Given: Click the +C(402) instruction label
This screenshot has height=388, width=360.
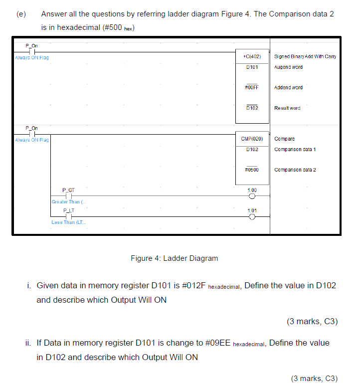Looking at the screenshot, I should pyautogui.click(x=252, y=56).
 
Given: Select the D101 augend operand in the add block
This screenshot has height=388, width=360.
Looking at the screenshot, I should pyautogui.click(x=252, y=67).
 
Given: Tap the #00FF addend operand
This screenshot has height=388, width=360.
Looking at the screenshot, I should pyautogui.click(x=252, y=87).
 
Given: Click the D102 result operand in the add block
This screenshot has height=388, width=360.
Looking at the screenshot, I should pyautogui.click(x=252, y=108).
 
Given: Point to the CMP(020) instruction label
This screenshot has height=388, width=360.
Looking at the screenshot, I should pyautogui.click(x=252, y=139).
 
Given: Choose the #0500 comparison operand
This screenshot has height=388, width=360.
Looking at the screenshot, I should pyautogui.click(x=252, y=170).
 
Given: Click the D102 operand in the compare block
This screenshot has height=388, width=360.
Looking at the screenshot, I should pyautogui.click(x=252, y=149).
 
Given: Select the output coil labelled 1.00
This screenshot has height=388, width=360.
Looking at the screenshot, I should pyautogui.click(x=252, y=196).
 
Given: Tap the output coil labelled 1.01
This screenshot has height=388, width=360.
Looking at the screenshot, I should pyautogui.click(x=252, y=217).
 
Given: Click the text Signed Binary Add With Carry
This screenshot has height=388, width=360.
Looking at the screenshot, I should pyautogui.click(x=305, y=56).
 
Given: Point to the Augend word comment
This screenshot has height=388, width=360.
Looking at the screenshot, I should pyautogui.click(x=288, y=67).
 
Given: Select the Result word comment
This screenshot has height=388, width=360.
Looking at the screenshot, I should pyautogui.click(x=287, y=108).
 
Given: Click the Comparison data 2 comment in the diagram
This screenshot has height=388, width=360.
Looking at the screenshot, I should pyautogui.click(x=295, y=170).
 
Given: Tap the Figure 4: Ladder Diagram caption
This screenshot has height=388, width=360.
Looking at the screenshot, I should pyautogui.click(x=174, y=258).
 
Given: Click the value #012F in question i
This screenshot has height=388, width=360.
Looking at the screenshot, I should pyautogui.click(x=190, y=286).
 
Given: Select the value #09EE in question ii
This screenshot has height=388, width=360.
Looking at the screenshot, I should pyautogui.click(x=218, y=343).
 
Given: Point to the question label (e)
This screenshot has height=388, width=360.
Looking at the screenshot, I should pyautogui.click(x=20, y=13).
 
